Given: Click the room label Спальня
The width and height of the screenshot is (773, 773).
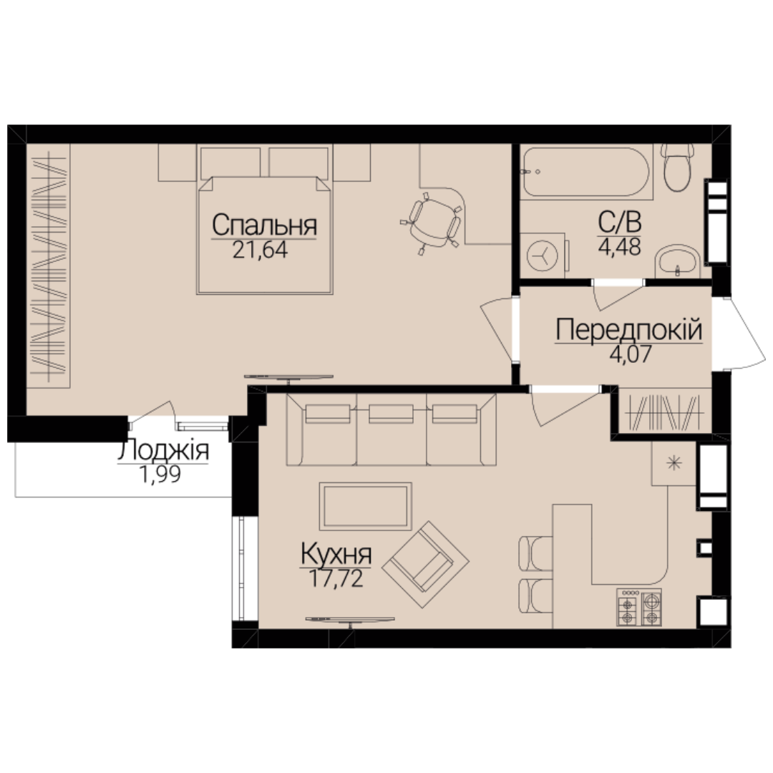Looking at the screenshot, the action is point(264,225).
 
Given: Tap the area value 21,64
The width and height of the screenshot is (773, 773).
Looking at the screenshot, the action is point(260,251).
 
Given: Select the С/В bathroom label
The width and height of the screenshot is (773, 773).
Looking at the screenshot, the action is point(620,223).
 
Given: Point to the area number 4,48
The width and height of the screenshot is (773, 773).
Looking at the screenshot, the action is point(620,246).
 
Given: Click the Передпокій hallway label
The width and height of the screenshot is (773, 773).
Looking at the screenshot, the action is point(629,329).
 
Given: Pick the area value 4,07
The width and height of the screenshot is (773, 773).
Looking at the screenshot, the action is point(631,354).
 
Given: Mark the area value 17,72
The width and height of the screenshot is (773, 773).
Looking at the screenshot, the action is point(336,578).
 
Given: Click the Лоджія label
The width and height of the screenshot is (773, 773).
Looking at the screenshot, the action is point(163,451).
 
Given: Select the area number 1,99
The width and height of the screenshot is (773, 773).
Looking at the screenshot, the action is point(160,475).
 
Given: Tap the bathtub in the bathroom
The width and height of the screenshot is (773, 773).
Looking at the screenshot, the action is point(586,172).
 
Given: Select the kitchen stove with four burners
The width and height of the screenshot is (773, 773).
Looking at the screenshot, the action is point(639,608).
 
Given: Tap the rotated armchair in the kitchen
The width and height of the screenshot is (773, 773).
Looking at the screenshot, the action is point(425,565).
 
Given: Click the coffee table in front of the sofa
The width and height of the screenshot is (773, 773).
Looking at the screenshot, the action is point(365,506).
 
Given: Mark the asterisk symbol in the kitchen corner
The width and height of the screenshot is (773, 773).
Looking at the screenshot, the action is point(674,463).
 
